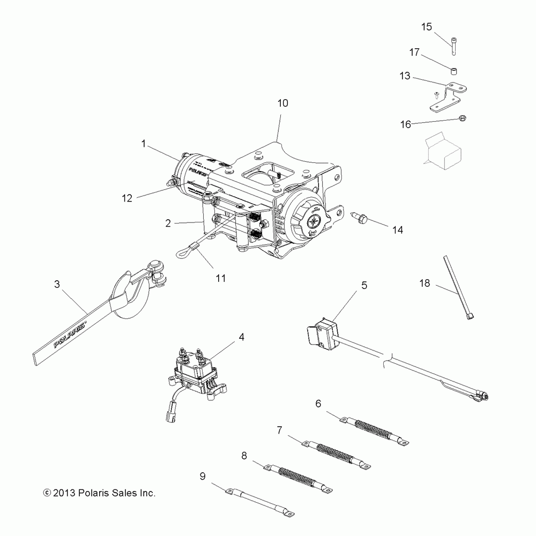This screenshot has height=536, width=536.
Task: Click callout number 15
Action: coord(427,26)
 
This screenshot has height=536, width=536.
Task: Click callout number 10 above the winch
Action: coord(282,102)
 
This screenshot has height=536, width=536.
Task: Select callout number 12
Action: coord(126,198)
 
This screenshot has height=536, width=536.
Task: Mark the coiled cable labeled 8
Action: coord(297,477)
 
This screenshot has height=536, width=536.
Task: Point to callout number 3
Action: coord(57,284)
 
